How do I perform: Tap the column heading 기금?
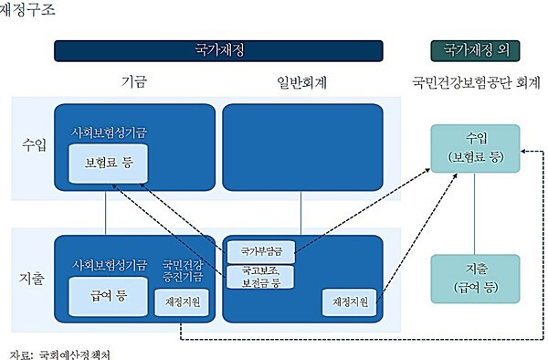134,81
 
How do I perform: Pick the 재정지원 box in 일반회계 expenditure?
348,301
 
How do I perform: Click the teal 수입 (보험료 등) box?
474,147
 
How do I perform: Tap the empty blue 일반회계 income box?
299,146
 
